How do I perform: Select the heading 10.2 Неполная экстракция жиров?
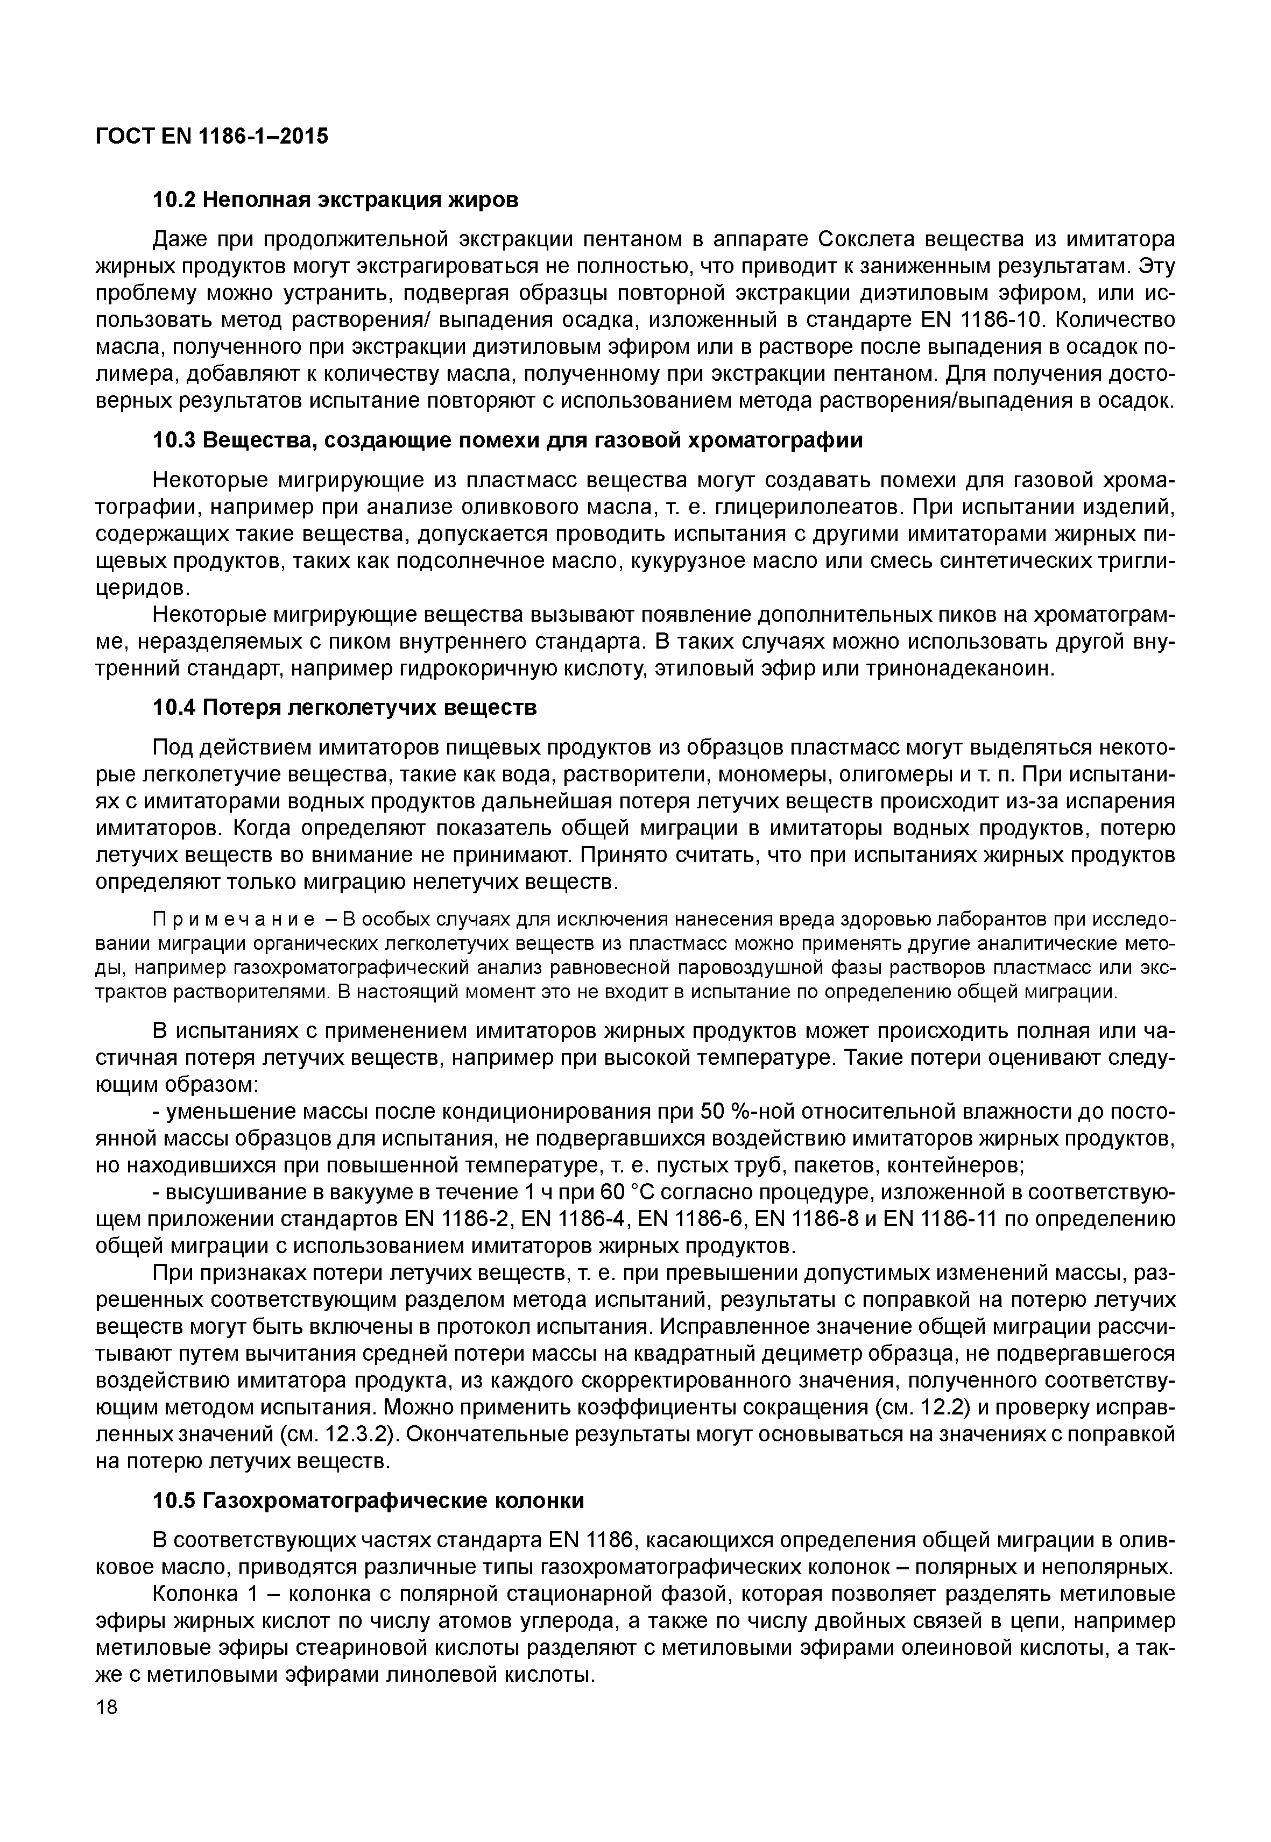(x=335, y=200)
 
